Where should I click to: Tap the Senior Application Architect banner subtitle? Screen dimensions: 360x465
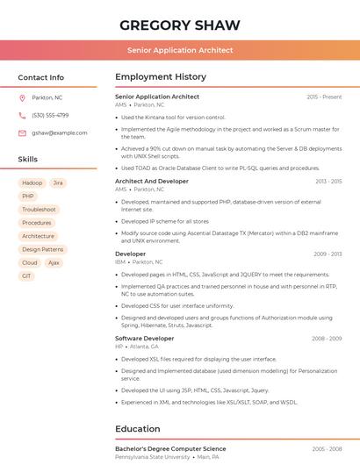tap(179, 50)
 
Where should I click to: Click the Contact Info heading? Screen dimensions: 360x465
tap(40, 77)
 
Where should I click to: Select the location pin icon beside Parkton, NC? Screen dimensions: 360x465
tap(22, 97)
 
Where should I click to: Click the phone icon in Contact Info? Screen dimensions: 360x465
tap(22, 115)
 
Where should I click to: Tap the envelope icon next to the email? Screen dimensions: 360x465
tap(22, 132)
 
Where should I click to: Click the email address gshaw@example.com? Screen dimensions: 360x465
tap(59, 132)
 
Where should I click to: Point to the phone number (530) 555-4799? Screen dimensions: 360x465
tap(50, 115)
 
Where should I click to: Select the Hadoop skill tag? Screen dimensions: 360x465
tap(32, 183)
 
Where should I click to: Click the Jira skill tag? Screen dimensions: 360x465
tap(58, 183)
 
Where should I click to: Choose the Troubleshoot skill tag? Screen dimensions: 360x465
tap(39, 210)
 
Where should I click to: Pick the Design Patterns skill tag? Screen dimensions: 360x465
tap(42, 249)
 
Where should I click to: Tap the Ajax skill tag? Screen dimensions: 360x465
tap(54, 262)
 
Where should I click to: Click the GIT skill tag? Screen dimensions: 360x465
tap(26, 275)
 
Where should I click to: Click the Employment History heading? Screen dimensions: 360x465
tap(161, 77)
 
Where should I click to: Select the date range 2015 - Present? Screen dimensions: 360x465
tap(324, 97)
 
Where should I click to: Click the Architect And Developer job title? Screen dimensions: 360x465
tap(151, 181)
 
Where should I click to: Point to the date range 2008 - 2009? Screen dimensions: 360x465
tap(326, 338)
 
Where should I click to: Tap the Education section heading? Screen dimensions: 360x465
tap(137, 429)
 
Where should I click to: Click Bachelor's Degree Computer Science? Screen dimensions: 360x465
tap(170, 448)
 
